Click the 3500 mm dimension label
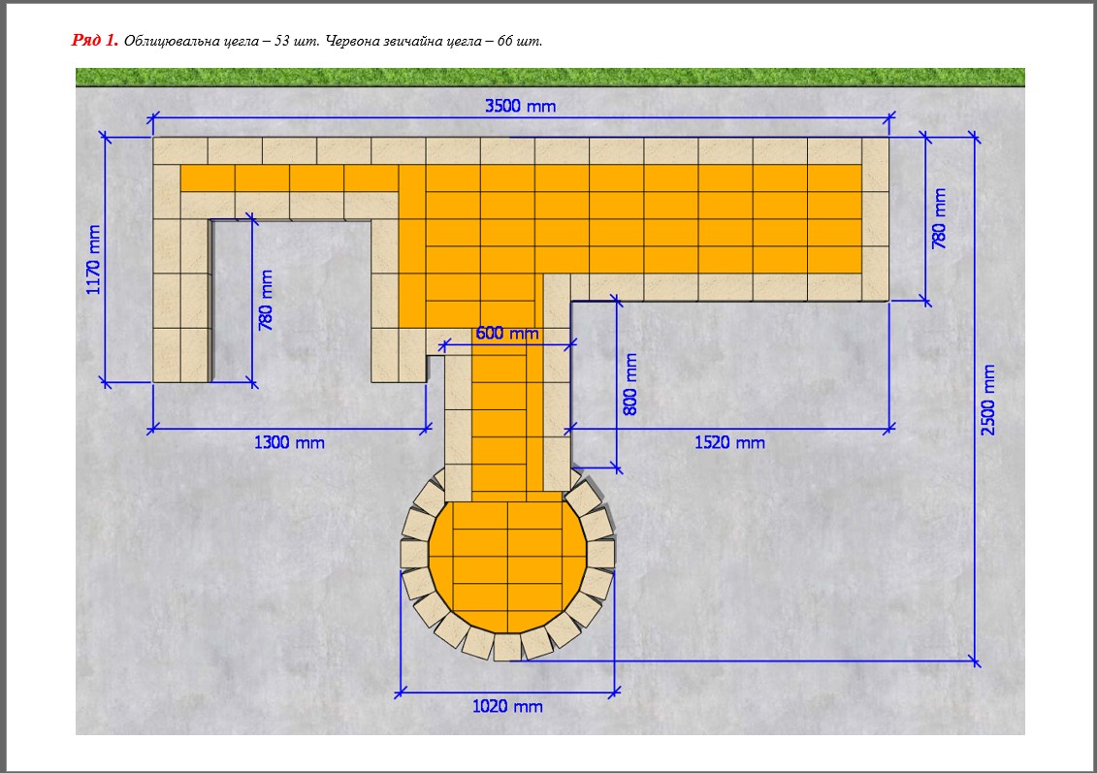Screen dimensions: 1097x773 tap(521, 107)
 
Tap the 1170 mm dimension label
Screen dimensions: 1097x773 tap(93, 260)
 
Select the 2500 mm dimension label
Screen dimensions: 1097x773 tap(987, 400)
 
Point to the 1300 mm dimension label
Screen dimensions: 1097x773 tap(289, 443)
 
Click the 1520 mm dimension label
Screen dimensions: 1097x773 tap(729, 443)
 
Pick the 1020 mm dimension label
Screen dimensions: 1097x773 tap(507, 706)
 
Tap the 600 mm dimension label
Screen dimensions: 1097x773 tap(507, 333)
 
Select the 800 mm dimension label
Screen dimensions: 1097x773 tap(629, 384)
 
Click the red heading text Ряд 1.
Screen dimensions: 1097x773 tap(94, 40)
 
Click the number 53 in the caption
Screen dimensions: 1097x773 tap(282, 41)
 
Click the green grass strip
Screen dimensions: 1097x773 tap(550, 77)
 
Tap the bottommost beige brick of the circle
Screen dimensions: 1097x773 tap(507, 647)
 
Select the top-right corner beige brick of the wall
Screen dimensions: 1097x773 tap(875, 164)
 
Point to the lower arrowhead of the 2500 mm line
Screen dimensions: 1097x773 tap(975, 661)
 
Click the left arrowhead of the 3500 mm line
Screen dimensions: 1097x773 tap(153, 116)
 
